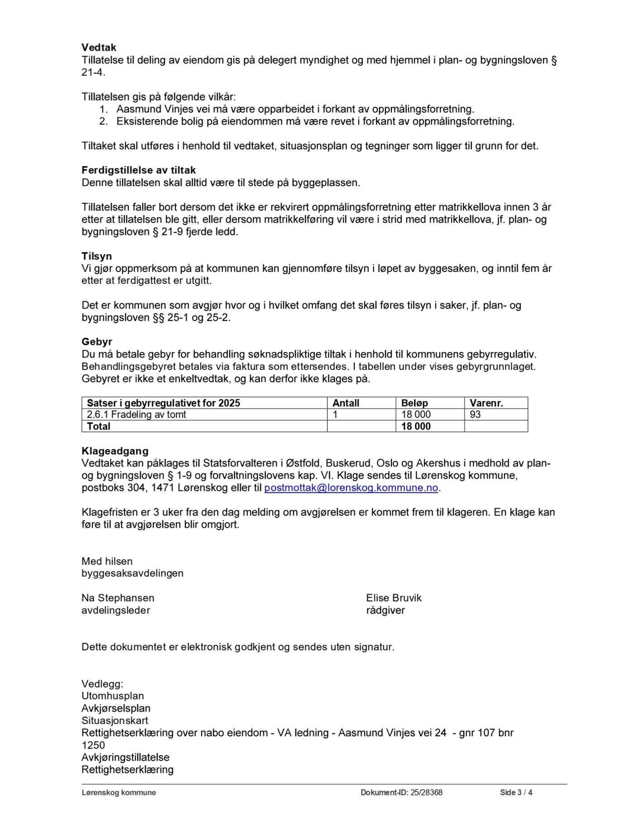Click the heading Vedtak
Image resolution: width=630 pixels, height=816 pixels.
99,48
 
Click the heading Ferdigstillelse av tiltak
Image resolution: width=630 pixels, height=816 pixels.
139,170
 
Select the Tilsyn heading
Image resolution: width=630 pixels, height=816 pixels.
96,256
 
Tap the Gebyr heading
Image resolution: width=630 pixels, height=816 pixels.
96,342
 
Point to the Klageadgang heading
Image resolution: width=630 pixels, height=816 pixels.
115,451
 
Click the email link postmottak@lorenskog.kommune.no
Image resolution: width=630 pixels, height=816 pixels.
351,488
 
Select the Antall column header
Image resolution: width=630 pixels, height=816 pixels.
346,403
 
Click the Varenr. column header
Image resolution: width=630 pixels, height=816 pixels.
486,403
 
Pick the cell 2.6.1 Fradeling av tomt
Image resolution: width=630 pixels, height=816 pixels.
136,414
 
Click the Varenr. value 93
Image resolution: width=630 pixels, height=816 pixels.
475,414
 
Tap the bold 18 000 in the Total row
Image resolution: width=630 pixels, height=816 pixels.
416,426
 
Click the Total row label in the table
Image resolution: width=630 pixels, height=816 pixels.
98,426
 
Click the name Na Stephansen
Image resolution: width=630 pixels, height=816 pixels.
118,598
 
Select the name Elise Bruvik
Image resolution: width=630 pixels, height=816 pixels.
394,598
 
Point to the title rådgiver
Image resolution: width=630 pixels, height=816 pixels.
385,610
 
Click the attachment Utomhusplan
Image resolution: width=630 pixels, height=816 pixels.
112,696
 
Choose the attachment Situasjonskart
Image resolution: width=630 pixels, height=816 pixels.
115,720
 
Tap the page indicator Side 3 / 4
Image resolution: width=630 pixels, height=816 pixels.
516,792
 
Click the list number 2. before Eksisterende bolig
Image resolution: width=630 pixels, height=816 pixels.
103,121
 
